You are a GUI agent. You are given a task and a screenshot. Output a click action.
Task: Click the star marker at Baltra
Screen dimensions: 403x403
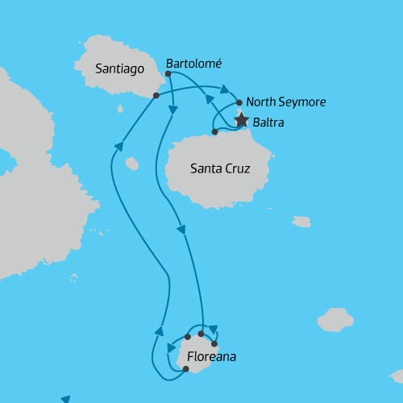[x=240, y=121]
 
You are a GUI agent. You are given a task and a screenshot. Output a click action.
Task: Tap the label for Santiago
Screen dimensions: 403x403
[x=119, y=69]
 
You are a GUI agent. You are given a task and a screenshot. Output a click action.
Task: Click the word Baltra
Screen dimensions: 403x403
[x=268, y=123]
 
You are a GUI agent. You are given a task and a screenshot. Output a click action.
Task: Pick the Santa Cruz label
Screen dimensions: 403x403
[x=220, y=168]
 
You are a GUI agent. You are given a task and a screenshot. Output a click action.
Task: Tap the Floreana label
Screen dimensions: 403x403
[x=211, y=355]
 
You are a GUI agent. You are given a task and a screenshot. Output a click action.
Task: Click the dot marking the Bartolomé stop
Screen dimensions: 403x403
[x=168, y=74]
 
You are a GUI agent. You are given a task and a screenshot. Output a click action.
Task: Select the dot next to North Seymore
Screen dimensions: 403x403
[x=239, y=102]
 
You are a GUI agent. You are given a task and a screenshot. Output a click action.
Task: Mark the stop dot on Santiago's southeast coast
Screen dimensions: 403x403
[x=156, y=95]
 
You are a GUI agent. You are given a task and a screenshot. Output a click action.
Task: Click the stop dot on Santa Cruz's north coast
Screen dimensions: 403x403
[x=214, y=131]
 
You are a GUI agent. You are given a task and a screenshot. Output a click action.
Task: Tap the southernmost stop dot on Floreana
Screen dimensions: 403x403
[x=185, y=369]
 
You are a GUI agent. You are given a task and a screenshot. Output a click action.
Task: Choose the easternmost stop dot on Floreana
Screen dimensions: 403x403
[x=214, y=344]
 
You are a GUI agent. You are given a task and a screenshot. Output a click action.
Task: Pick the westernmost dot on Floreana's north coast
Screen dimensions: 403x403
[x=187, y=337]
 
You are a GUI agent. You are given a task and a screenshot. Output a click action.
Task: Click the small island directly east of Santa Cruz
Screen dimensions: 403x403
[x=301, y=222]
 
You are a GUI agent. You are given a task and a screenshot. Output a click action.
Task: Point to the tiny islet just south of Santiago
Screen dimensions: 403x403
[x=120, y=109]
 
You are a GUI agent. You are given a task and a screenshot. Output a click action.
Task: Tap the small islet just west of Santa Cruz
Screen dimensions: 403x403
[x=132, y=164]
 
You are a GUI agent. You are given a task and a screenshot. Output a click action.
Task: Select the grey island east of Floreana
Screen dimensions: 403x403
[x=335, y=320]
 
